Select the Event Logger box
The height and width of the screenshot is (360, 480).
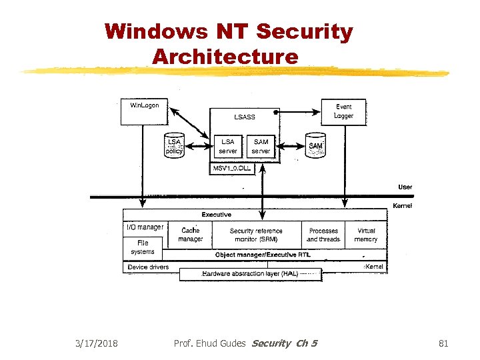(343, 111)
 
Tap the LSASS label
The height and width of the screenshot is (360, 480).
(244, 117)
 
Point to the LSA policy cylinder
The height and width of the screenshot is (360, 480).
(174, 146)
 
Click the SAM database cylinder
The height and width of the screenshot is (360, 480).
(315, 147)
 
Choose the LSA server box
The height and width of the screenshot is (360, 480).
(227, 147)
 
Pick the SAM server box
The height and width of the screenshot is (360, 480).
(261, 147)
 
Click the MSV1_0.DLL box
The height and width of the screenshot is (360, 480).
(231, 169)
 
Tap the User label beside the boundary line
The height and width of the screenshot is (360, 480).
(405, 187)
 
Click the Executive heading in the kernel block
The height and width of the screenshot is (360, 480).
(217, 215)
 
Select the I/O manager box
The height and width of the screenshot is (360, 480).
(145, 227)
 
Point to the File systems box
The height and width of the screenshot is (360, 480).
(143, 247)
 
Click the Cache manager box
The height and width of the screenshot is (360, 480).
(190, 235)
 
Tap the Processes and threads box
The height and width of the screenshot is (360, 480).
(323, 235)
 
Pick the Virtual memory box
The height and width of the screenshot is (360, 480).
(366, 235)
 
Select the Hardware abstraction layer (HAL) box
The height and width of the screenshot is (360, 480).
(251, 273)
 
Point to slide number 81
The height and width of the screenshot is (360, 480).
(443, 343)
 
